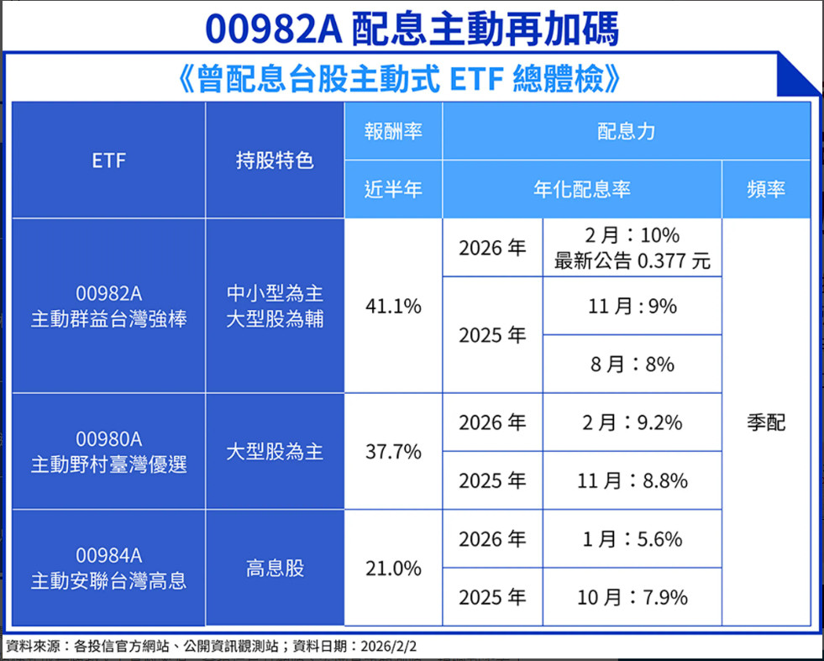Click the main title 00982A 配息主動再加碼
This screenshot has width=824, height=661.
tap(412, 29)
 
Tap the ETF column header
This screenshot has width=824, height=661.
tap(108, 160)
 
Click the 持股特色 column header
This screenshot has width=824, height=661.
tap(275, 160)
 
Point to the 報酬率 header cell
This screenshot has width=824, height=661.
tap(393, 131)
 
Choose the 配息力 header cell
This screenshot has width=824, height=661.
tap(626, 131)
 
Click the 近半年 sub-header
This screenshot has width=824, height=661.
tap(393, 189)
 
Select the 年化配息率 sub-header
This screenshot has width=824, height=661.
tap(581, 189)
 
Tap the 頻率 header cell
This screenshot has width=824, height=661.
tap(765, 189)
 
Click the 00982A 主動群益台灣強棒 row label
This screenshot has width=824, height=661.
tap(108, 307)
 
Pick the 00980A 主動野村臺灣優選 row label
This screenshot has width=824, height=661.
tap(108, 452)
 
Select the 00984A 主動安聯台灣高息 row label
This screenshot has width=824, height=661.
tap(108, 568)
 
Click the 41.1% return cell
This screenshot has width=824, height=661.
tap(393, 307)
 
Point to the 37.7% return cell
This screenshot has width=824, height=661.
tap(393, 452)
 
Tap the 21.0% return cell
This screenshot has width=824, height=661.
tap(393, 569)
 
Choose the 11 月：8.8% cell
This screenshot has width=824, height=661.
tap(632, 480)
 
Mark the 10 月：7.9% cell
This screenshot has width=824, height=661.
tap(632, 597)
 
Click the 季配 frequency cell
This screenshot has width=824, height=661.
tap(765, 422)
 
